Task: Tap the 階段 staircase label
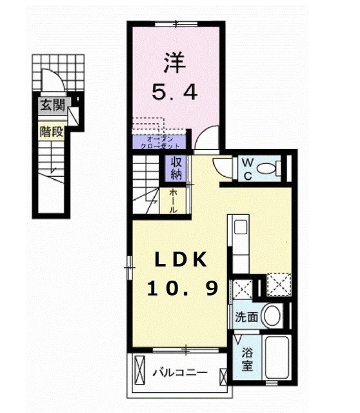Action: [52, 132]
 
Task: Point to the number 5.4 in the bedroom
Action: [174, 93]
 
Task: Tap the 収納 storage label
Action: [176, 168]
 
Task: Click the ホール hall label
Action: [174, 201]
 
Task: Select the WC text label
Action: [248, 169]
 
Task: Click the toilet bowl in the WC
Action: [266, 170]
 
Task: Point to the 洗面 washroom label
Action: [246, 317]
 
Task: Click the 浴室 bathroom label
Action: [247, 359]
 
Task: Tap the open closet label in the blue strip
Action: [159, 141]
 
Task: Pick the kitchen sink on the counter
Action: [240, 227]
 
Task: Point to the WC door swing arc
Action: [224, 166]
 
